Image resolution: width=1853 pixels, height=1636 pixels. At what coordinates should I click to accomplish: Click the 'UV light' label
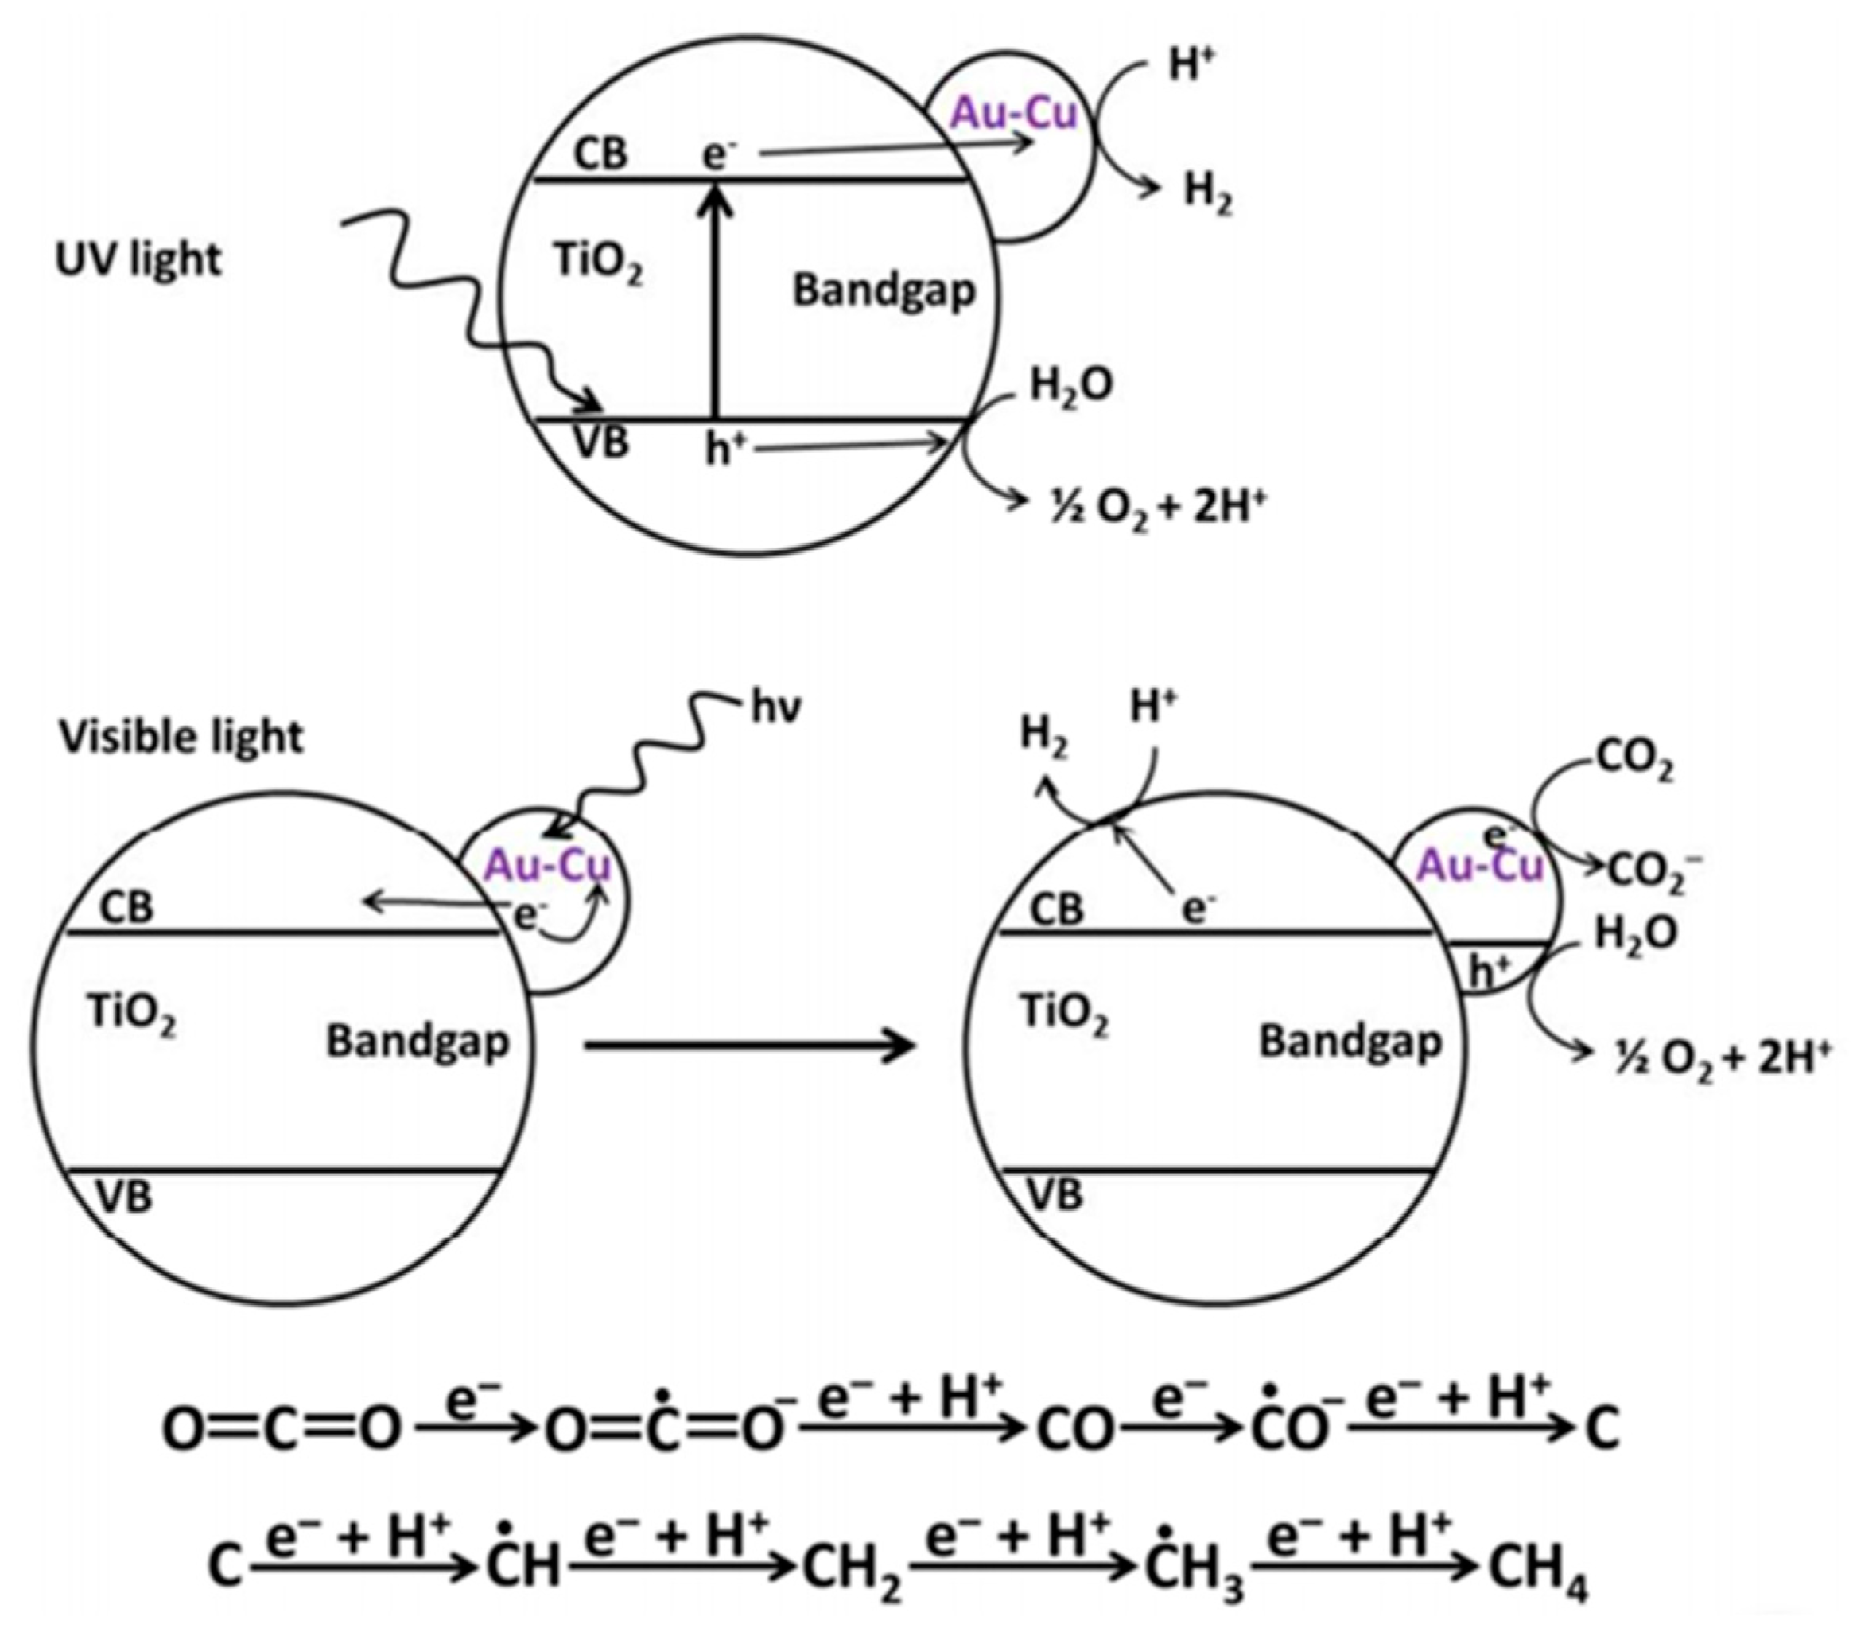(138, 260)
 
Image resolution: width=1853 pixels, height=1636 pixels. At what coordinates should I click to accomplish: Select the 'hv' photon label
(777, 709)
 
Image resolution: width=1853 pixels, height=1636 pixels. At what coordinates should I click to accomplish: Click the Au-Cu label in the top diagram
(1012, 113)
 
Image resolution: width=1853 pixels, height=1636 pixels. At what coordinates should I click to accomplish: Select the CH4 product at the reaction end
(1538, 1568)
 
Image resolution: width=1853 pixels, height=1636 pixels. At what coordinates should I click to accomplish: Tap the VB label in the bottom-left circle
(124, 1198)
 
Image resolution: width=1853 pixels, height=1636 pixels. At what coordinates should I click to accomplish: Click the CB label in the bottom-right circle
(1057, 909)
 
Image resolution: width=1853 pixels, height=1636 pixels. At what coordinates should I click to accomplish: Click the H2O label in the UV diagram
(1070, 388)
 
